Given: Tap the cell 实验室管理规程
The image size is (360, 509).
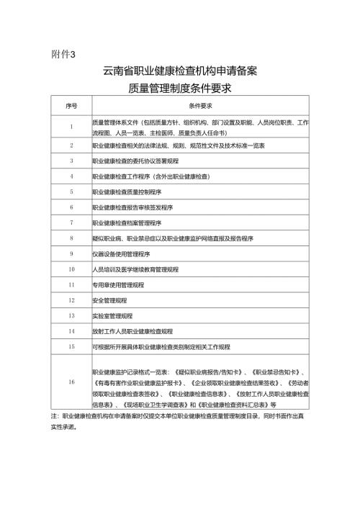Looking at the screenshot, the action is pyautogui.click(x=112, y=315).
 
